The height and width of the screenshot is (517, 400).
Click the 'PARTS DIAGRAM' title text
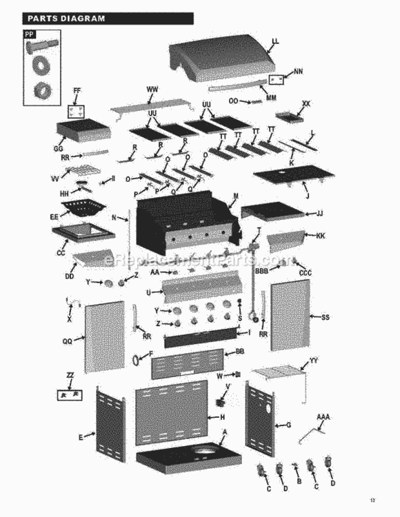click(66, 19)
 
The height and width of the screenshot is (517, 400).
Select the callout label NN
click(298, 71)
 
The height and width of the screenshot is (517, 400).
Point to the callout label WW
click(152, 90)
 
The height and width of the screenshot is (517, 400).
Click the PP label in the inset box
click(30, 33)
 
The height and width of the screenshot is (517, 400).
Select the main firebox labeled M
click(183, 221)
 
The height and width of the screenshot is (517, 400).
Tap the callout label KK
click(320, 236)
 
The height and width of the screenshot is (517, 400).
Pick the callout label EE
click(53, 216)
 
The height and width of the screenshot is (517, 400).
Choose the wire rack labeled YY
click(279, 372)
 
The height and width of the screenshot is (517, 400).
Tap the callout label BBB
click(262, 272)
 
